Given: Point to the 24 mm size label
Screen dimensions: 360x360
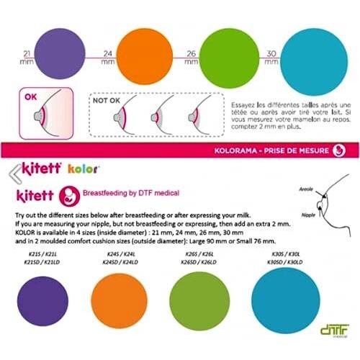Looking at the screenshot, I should click(107, 57).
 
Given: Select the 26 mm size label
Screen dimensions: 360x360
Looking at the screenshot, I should click(191, 57).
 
